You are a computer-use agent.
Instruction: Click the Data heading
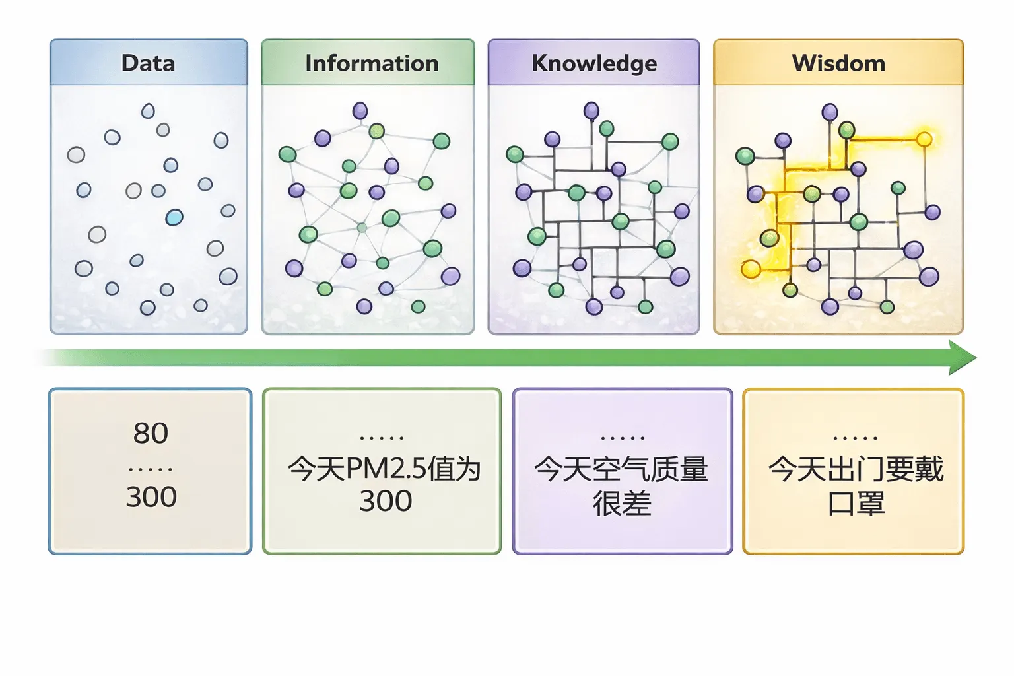point(148,63)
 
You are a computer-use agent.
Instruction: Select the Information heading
point(372,63)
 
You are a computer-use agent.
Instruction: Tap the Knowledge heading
point(594,63)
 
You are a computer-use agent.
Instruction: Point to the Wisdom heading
point(838,63)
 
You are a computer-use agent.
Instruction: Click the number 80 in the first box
point(151,433)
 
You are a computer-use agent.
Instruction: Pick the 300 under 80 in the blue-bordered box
point(151,496)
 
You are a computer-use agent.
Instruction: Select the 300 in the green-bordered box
point(386,501)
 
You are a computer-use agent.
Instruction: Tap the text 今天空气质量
point(621,469)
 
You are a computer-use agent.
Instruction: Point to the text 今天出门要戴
point(856,469)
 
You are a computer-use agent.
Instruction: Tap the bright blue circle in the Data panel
point(174,217)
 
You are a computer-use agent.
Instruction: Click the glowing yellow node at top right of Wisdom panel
point(924,139)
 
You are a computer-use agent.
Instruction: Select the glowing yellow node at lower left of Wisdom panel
point(751,269)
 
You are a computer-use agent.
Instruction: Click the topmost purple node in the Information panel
point(360,110)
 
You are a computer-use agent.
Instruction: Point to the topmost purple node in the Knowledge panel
point(591,110)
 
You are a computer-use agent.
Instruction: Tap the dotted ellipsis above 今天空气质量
point(623,438)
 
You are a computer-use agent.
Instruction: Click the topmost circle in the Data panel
point(148,110)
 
